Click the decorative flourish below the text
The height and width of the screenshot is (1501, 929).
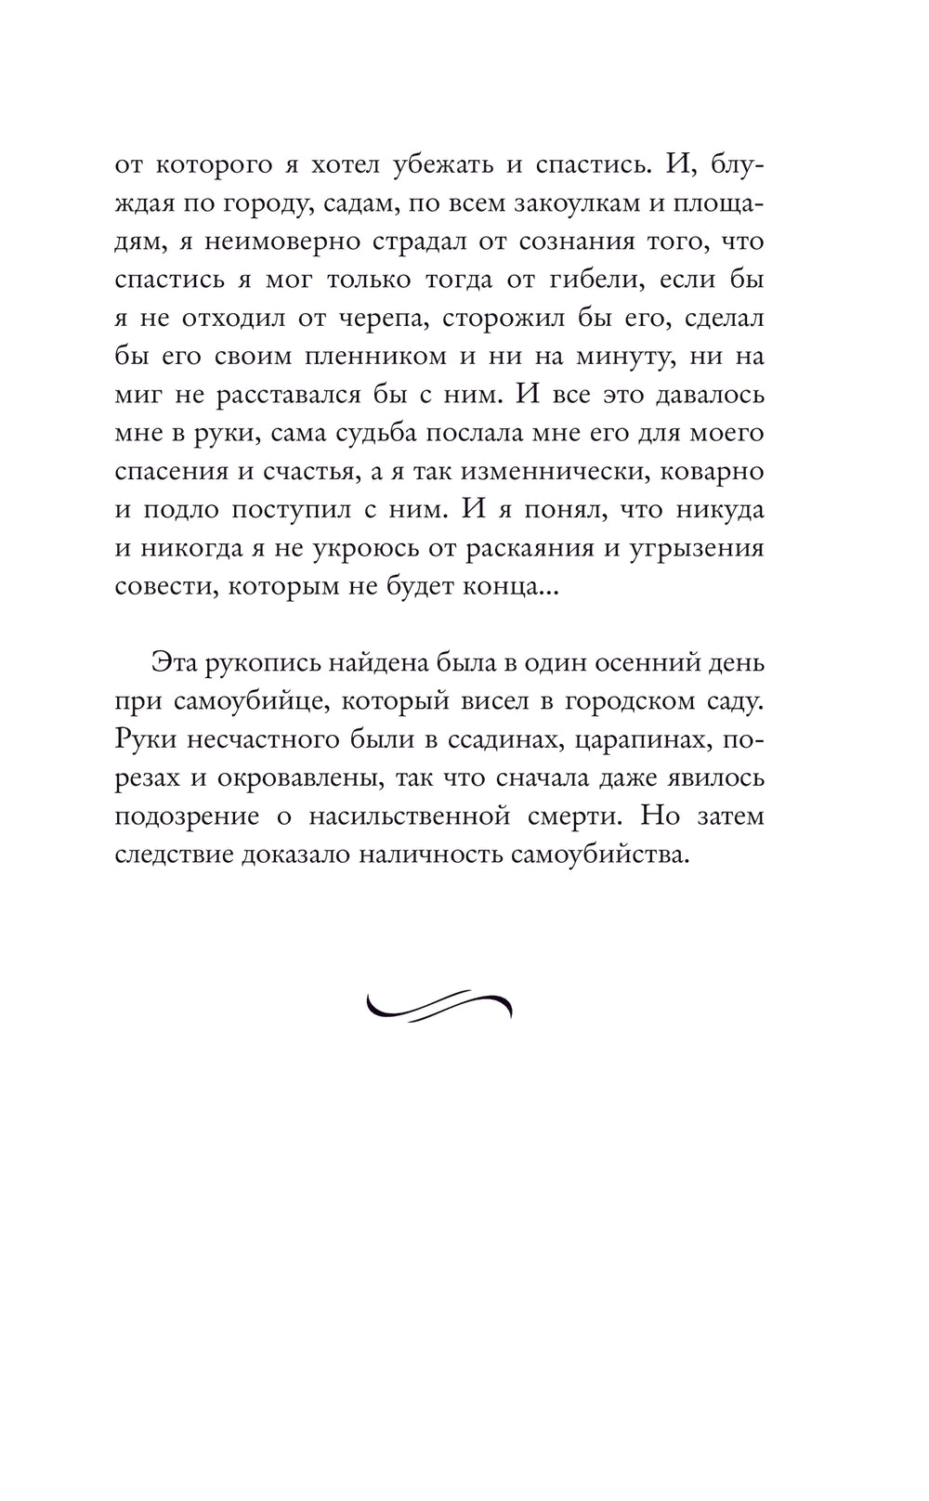click(439, 1003)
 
